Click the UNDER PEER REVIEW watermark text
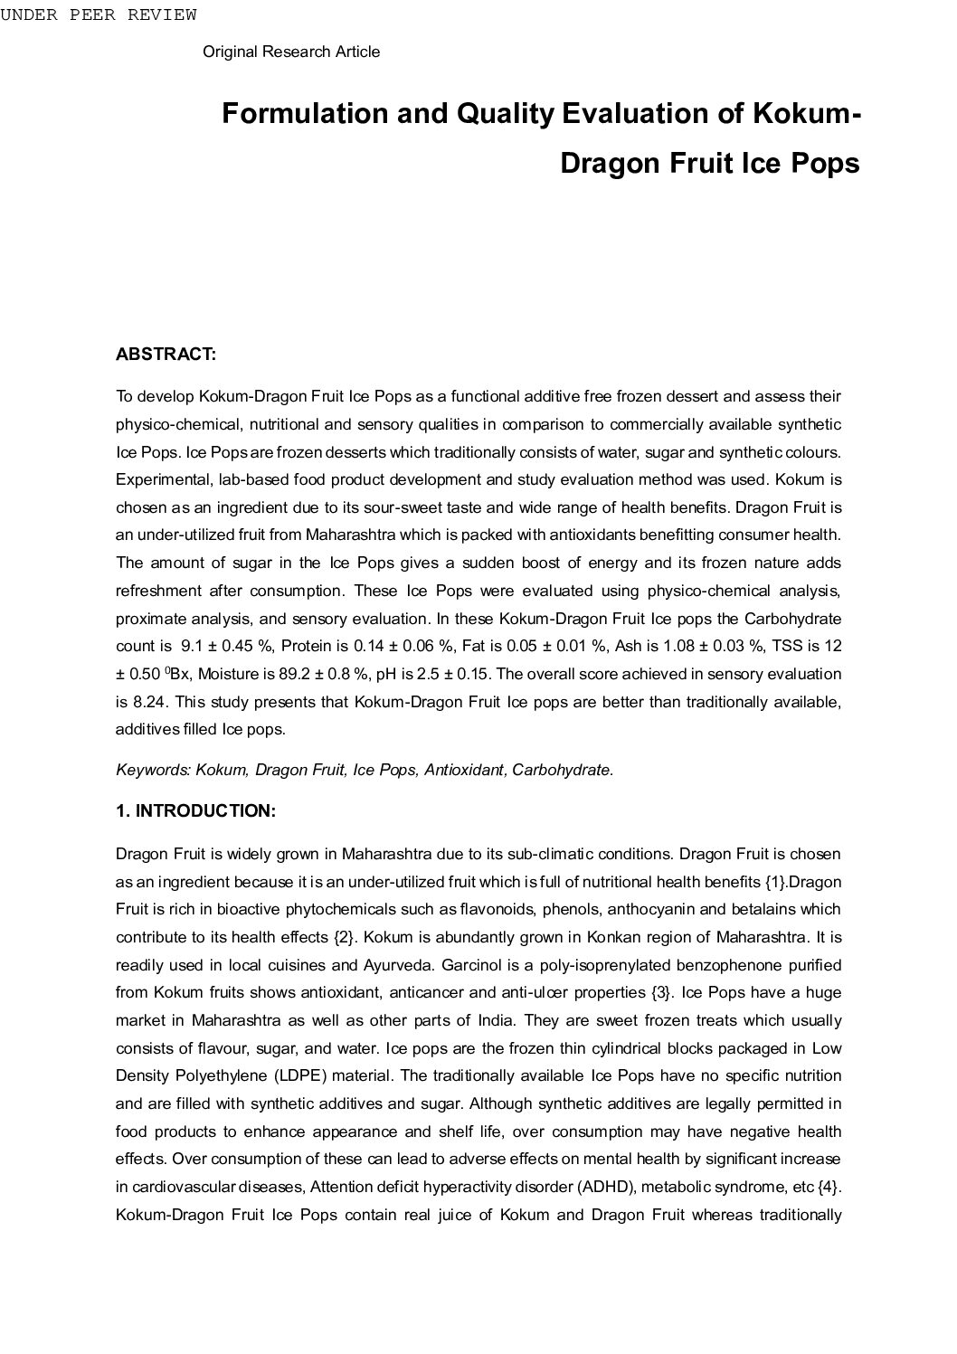point(98,14)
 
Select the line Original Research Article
point(291,52)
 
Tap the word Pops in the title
point(825,163)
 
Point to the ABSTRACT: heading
point(166,355)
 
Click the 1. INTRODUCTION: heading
point(195,811)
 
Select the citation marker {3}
point(661,993)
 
